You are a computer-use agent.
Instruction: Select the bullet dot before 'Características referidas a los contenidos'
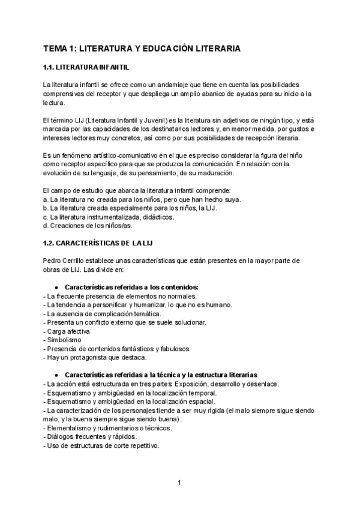(56, 287)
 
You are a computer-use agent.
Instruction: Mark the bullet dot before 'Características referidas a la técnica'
(56, 375)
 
